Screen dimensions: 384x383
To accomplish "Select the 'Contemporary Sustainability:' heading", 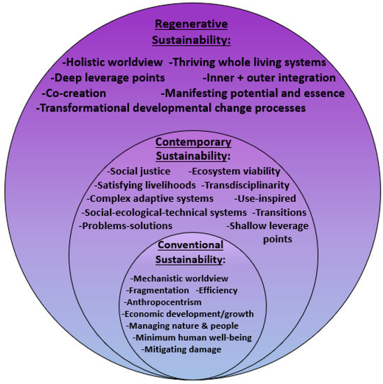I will coord(191,149).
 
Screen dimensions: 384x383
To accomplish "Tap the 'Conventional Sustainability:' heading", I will coord(190,252).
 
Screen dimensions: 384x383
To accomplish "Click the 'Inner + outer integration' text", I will coord(269,77).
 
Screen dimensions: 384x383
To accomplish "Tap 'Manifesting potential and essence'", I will coord(253,93).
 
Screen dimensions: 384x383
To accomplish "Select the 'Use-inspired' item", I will coord(252,199).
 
